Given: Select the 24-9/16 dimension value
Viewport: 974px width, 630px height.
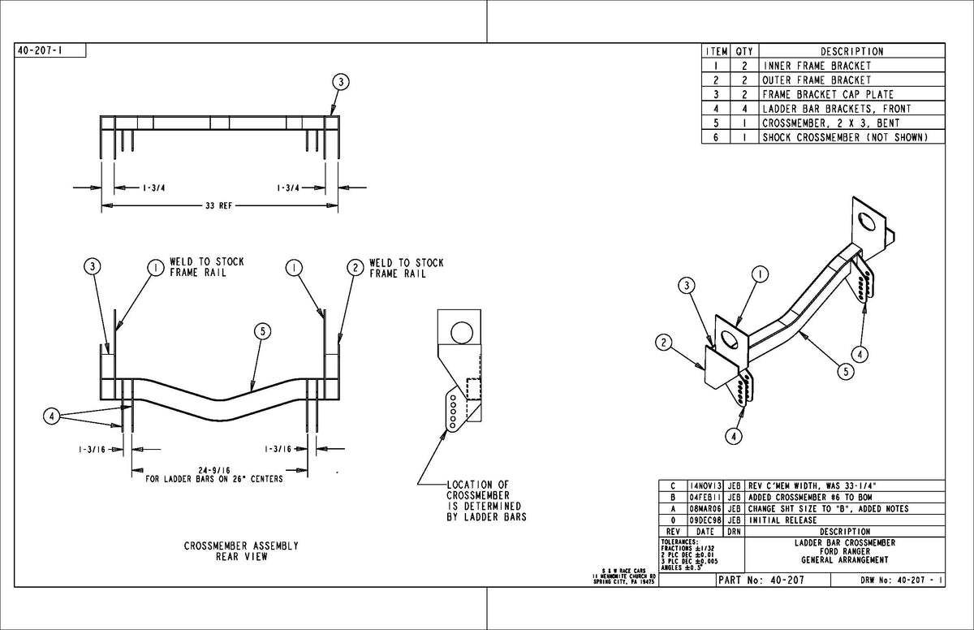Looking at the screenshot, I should pos(214,470).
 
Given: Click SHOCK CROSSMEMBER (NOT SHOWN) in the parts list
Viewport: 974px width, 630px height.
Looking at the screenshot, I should pos(843,137).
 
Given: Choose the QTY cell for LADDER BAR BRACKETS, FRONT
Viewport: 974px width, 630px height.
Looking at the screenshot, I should pos(743,109).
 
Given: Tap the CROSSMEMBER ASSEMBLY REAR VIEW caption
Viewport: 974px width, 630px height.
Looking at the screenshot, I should pos(241,551).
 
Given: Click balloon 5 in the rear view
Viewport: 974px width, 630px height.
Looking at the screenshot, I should pos(262,330).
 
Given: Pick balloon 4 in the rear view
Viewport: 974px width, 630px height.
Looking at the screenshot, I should pos(52,416).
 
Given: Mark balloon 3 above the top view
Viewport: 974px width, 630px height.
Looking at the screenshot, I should pos(341,81).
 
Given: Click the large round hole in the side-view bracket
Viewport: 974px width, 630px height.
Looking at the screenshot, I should pos(460,331).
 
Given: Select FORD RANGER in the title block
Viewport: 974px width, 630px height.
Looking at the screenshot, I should pos(844,550).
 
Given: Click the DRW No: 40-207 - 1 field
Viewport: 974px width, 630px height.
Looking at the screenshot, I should pos(901,580).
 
